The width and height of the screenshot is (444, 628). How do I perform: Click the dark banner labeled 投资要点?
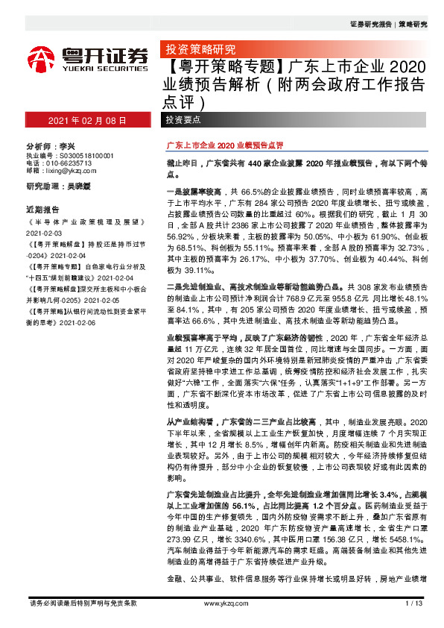(183, 120)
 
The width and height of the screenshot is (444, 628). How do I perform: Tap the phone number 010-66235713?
(69, 163)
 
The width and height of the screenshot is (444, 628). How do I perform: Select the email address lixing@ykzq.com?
(69, 171)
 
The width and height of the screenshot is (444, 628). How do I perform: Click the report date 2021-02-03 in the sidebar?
(45, 232)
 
